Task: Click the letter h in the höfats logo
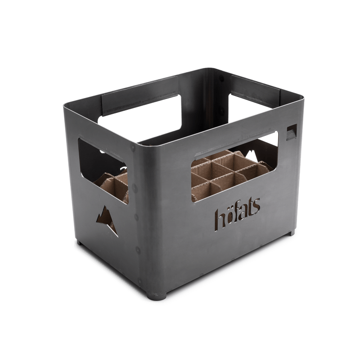click(x=219, y=217)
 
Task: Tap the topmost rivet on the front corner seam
click(x=131, y=147)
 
